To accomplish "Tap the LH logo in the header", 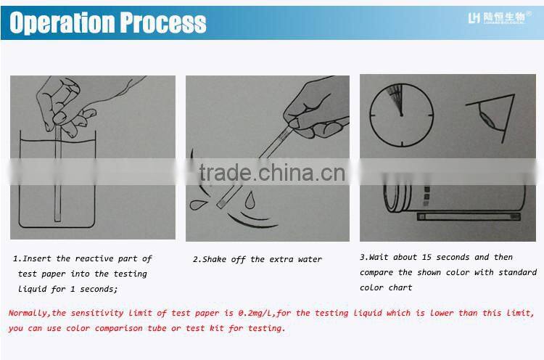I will coord(475,17).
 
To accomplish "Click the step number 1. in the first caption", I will coord(17,258).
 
